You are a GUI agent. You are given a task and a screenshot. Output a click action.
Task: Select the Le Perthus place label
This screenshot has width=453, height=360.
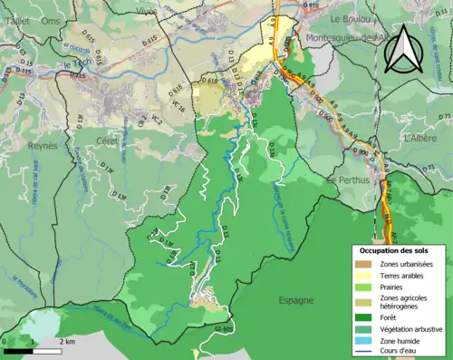point(344,180)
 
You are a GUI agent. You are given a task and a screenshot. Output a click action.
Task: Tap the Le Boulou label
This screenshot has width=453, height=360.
point(348,18)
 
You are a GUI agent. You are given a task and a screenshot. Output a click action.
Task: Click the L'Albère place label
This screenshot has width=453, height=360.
point(421,138)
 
